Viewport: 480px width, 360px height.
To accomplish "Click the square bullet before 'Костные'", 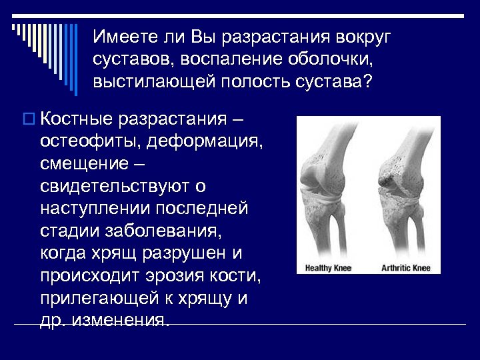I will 27,119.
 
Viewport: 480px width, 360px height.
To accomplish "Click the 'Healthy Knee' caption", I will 328,269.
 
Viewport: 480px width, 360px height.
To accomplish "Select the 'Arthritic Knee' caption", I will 406,269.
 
